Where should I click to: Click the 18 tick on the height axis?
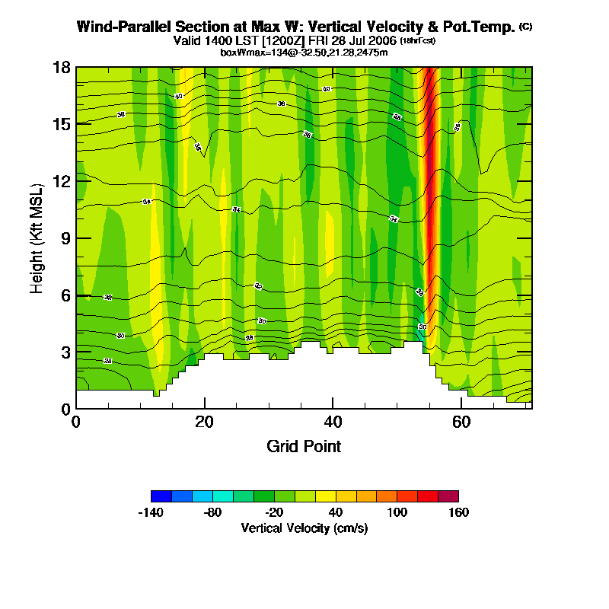(62, 67)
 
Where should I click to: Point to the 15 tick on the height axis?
(62, 124)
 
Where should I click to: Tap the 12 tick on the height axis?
(62, 181)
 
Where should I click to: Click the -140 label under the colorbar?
(151, 512)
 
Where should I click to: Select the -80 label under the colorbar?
(213, 512)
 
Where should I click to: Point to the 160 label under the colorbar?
(458, 512)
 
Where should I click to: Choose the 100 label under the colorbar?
(397, 512)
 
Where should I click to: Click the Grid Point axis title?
(304, 446)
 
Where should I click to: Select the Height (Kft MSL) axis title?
(37, 238)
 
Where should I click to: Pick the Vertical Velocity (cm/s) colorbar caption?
(304, 528)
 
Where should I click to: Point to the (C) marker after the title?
(525, 26)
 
